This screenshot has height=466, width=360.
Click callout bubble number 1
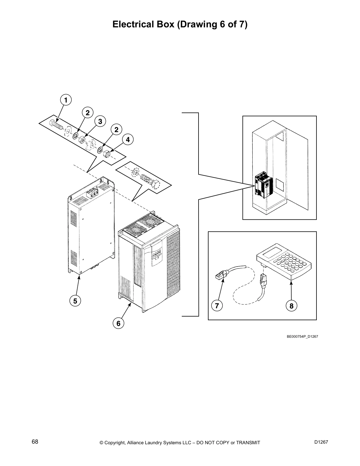pos(66,100)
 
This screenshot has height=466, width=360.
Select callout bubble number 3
pos(100,121)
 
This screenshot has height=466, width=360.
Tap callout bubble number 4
pos(128,140)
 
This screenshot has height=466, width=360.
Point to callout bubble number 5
pos(75,301)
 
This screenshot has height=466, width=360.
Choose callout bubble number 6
pos(118,323)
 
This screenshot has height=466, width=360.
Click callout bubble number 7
pos(217,306)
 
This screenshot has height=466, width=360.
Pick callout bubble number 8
pos(291,306)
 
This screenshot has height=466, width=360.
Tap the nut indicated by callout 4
pos(107,154)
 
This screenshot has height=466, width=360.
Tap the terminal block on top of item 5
pos(92,192)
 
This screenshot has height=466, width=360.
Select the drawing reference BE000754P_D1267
pos(302,336)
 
